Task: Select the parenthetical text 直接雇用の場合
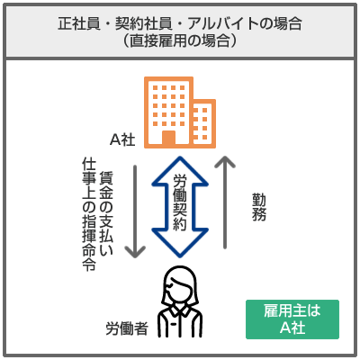[180, 40]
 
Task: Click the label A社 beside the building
[122, 139]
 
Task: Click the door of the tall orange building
[168, 139]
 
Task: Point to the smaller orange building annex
[204, 123]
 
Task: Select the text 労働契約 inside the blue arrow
[180, 202]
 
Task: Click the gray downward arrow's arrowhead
[135, 252]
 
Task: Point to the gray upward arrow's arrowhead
[225, 161]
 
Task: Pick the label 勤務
[259, 207]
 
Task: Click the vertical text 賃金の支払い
[106, 213]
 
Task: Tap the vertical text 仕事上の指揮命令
[89, 214]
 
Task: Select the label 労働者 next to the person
[127, 328]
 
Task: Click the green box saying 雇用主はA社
[292, 319]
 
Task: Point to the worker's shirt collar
[179, 312]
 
